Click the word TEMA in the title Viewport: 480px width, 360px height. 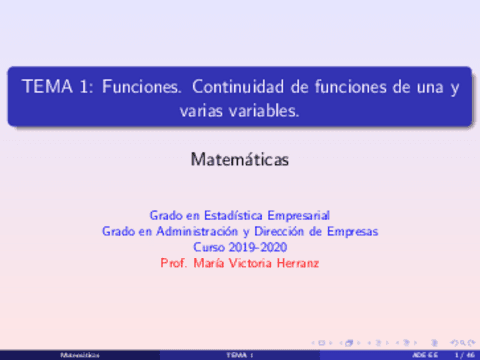tap(46, 88)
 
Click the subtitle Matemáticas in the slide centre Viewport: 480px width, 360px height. tap(240, 158)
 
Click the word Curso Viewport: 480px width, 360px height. tap(211, 247)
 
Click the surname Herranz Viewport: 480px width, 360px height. tap(298, 263)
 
